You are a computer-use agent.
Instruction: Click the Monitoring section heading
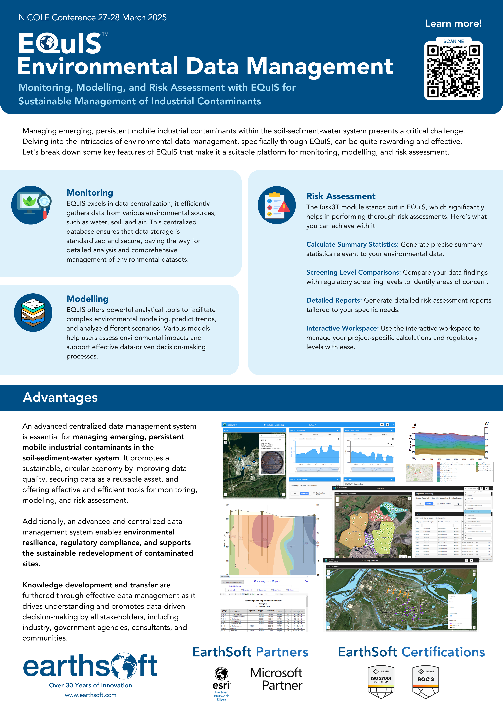coord(90,193)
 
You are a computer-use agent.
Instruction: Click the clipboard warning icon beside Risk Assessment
coord(277,205)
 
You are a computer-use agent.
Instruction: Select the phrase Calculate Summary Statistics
coord(352,244)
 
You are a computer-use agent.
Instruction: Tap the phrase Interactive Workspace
coord(342,328)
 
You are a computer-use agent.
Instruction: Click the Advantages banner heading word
coord(60,397)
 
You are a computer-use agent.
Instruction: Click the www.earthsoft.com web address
coord(91,695)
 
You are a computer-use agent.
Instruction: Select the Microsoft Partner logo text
coord(276,679)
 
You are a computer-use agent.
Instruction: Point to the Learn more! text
coord(453,24)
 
